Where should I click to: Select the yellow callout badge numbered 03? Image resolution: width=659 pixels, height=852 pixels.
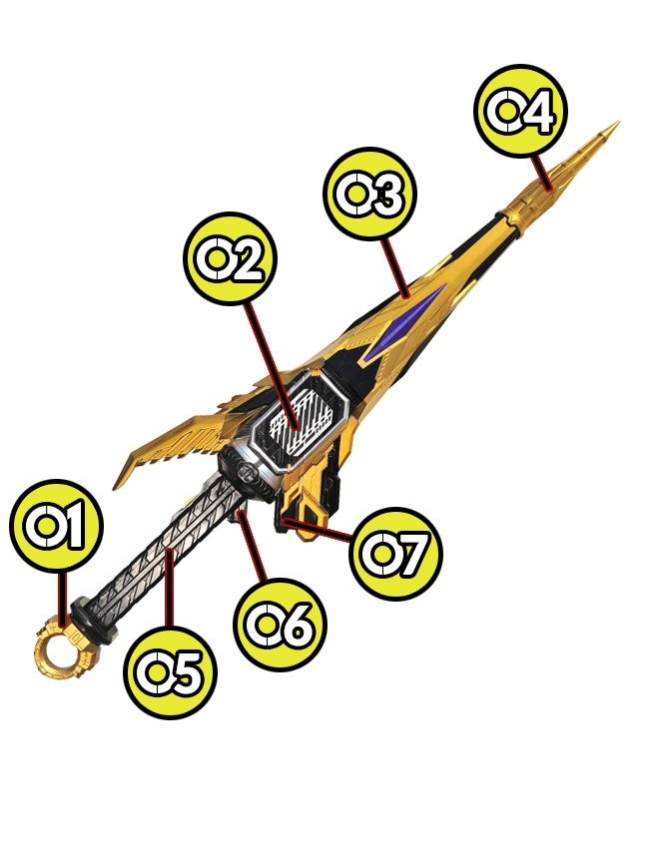[x=371, y=196]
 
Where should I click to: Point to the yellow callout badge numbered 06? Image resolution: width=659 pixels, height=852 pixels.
[x=281, y=624]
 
